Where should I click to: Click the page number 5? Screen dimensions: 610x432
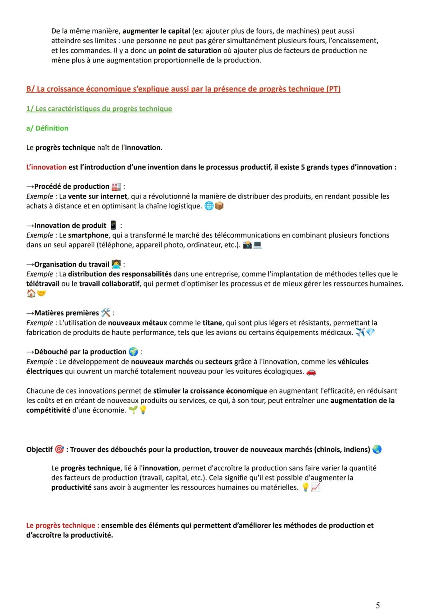tap(378, 605)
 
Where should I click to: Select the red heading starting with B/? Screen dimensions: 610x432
tap(183, 89)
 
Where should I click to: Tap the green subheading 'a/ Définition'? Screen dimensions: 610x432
tap(47, 128)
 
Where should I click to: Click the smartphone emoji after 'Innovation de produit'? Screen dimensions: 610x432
tap(113, 225)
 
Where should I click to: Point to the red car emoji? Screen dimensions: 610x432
tap(311, 372)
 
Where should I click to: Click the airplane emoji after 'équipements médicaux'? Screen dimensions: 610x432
tap(360, 332)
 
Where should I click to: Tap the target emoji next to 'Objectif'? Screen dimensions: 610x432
tap(59, 449)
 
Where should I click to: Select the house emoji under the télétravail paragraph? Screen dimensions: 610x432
tap(31, 294)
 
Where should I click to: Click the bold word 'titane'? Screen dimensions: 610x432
tap(212, 323)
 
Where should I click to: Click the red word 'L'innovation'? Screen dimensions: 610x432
tap(46, 167)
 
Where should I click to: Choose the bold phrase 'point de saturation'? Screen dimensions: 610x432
tap(190, 51)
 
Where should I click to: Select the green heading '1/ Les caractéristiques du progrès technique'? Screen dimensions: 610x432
tap(99, 109)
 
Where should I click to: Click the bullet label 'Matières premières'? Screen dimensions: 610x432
tap(66, 313)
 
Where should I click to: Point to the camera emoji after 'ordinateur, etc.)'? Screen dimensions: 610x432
tap(248, 245)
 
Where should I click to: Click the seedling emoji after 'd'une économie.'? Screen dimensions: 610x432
tap(133, 410)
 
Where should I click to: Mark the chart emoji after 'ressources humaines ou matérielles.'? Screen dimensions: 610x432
tap(316, 487)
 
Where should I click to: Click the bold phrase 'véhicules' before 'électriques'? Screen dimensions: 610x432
tap(353, 362)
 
